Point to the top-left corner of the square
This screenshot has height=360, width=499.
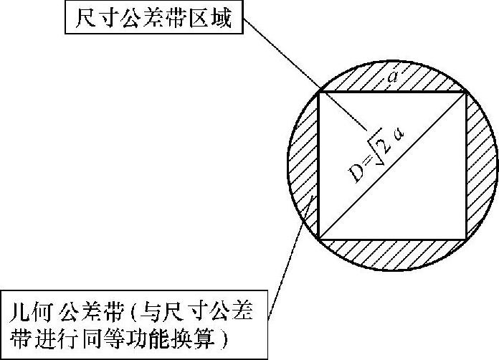click(320, 91)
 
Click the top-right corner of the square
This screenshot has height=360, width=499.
click(467, 92)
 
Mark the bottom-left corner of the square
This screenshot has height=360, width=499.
click(318, 238)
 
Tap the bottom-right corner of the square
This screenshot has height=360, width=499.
click(467, 238)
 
